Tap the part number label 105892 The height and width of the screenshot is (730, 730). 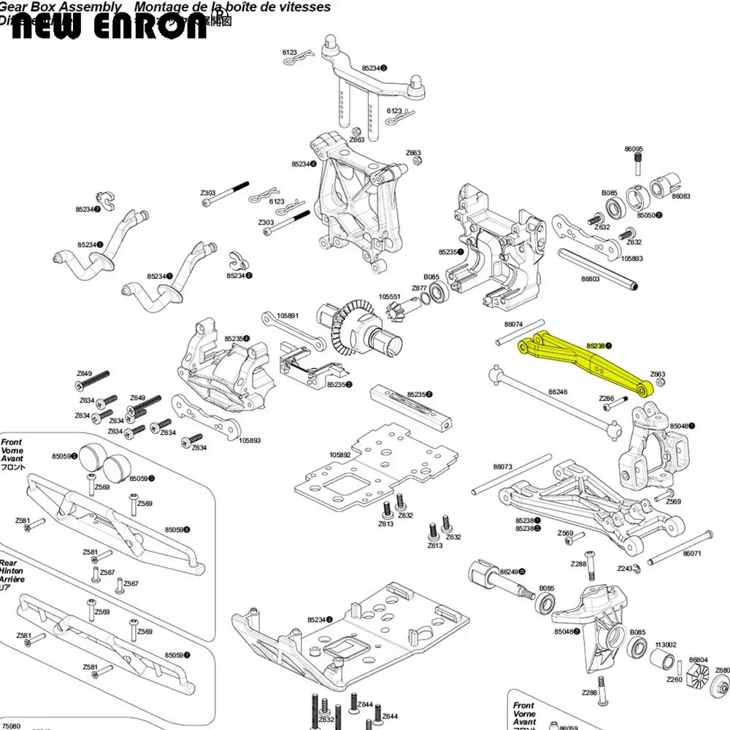340,455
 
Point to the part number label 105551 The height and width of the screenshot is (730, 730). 390,297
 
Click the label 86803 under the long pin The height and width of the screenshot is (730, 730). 590,278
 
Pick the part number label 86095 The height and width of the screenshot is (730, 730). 634,149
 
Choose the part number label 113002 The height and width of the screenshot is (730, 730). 665,645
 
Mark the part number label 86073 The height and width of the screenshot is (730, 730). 503,466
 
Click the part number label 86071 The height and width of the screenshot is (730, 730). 692,553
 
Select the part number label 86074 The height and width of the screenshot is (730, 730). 513,323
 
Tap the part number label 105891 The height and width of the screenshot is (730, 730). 288,316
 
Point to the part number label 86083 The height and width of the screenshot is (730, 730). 681,196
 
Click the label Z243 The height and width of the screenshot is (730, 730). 625,568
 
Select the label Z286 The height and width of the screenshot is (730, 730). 606,399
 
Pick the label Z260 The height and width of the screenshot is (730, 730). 674,680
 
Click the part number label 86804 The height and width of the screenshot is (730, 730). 698,659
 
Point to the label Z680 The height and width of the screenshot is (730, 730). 722,670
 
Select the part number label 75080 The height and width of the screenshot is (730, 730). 12,726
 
